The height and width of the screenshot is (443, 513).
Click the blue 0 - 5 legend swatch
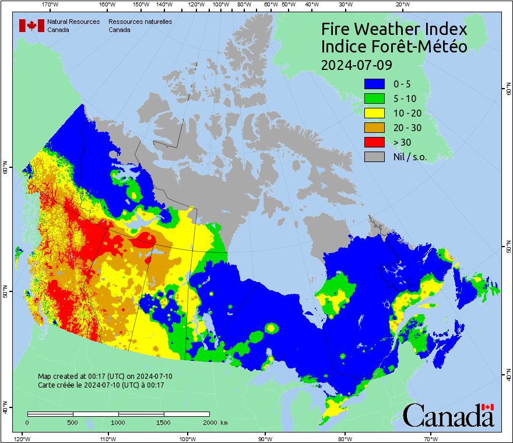pos(374,85)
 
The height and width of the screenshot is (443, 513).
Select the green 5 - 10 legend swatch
pos(374,99)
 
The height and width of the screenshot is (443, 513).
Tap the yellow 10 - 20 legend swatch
pos(374,114)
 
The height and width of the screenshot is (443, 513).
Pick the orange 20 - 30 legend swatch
pos(374,128)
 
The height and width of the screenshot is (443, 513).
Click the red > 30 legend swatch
pos(374,142)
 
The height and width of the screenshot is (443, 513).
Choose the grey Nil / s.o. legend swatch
pos(374,157)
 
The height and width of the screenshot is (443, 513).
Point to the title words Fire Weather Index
pos(394,29)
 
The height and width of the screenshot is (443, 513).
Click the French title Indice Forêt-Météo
pos(394,47)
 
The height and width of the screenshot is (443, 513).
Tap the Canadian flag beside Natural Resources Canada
pos(31,25)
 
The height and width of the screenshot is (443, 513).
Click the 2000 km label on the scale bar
pos(214,422)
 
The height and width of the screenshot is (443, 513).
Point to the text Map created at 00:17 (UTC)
pos(105,377)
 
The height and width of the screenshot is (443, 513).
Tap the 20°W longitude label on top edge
pos(401,5)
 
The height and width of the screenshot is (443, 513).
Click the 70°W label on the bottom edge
pos(431,438)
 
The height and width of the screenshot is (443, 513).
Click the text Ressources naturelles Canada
pos(140,25)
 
